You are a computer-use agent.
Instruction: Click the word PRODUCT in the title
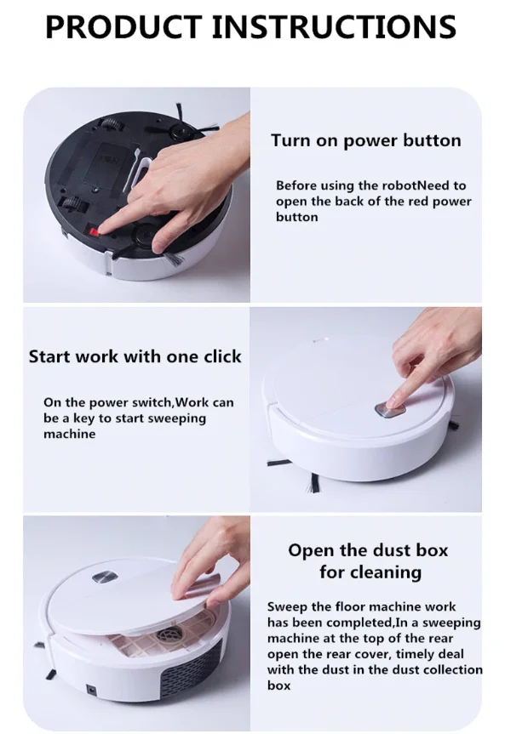(x=123, y=26)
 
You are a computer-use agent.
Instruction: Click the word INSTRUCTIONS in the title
(x=334, y=26)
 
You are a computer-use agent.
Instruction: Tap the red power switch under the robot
(x=95, y=231)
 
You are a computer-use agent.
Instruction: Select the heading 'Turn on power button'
(x=365, y=140)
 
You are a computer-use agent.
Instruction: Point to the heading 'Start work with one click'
(x=135, y=356)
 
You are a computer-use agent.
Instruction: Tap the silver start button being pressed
(x=390, y=411)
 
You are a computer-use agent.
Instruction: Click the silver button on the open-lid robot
(x=105, y=578)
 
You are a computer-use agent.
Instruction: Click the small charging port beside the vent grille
(x=91, y=689)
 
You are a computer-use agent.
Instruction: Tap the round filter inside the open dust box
(x=172, y=633)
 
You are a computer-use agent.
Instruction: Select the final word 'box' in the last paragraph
(x=278, y=686)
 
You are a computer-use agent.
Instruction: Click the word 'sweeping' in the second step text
(x=177, y=418)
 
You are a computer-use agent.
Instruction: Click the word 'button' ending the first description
(x=297, y=217)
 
